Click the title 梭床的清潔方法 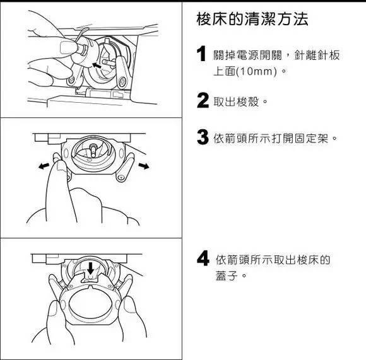tap(252, 20)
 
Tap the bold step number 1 tap(202, 55)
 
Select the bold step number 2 tap(203, 100)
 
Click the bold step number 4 tap(203, 259)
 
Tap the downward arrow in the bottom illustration tap(91, 269)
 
